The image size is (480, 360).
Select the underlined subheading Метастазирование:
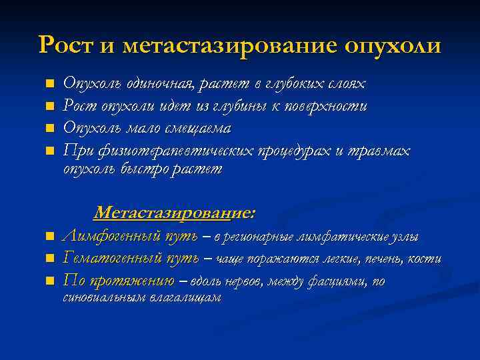point(174,213)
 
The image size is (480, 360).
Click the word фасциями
point(336,281)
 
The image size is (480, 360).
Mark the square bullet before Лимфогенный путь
point(49,237)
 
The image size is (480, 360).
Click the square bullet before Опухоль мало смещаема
point(49,129)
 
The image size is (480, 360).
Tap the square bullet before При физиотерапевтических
point(49,151)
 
